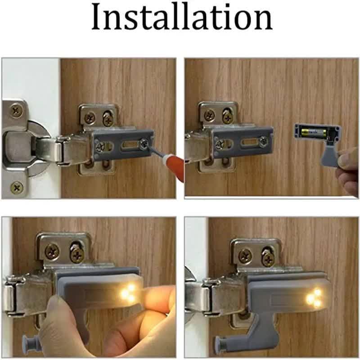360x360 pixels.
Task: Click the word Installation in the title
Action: point(182,18)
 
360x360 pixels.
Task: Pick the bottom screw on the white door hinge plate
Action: point(17,187)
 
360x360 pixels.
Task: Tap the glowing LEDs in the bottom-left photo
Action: point(128,292)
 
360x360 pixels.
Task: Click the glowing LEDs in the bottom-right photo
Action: point(313,298)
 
